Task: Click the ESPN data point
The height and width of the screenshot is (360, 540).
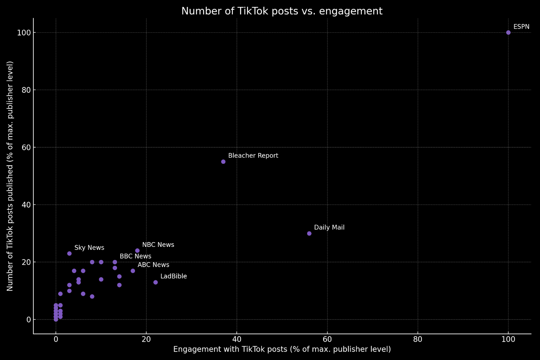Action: click(x=508, y=32)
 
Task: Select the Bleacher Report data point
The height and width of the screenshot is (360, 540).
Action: click(x=223, y=162)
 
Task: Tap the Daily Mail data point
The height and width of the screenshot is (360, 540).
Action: click(x=309, y=233)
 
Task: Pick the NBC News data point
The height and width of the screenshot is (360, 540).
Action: click(x=137, y=251)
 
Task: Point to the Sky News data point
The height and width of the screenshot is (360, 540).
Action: click(x=70, y=253)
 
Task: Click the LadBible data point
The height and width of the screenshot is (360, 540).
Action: click(x=156, y=282)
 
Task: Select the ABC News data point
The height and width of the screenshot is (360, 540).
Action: click(x=133, y=271)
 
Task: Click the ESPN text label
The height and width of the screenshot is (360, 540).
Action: click(x=521, y=27)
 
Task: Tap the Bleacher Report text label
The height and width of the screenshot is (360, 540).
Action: click(x=253, y=156)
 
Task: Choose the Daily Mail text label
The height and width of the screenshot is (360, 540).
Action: click(x=329, y=227)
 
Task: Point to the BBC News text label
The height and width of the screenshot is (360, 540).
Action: click(x=135, y=256)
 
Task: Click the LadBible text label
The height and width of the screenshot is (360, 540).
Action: click(x=173, y=276)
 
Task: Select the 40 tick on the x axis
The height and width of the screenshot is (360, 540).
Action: click(x=237, y=339)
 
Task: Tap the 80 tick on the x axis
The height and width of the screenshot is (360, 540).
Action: click(x=418, y=339)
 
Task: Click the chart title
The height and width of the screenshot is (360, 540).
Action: click(x=282, y=11)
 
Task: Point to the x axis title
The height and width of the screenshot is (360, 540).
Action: click(x=282, y=349)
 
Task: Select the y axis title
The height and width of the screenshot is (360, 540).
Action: click(x=10, y=176)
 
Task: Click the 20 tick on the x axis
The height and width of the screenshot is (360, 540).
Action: click(x=146, y=339)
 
